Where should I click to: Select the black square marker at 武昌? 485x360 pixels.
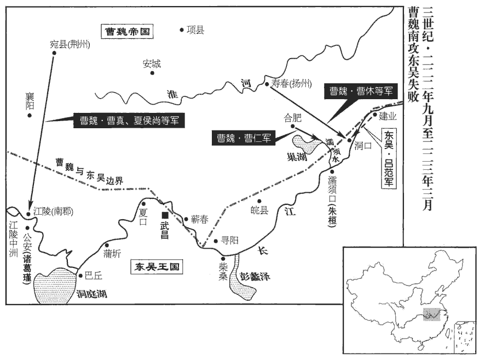[x=165, y=215]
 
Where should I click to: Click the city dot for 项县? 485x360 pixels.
[x=182, y=30]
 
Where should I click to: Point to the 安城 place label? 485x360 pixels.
[x=152, y=64]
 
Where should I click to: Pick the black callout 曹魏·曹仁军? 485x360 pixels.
[x=244, y=138]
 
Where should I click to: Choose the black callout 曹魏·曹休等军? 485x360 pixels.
[x=360, y=92]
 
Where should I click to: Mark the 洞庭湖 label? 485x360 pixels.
[x=91, y=294]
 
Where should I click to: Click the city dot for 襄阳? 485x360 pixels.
[x=31, y=116]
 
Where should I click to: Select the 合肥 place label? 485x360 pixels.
[x=293, y=117]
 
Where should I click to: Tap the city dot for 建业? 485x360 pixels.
[x=376, y=115]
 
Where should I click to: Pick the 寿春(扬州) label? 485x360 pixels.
[x=291, y=84]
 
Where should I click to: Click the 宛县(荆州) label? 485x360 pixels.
[x=70, y=44]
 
